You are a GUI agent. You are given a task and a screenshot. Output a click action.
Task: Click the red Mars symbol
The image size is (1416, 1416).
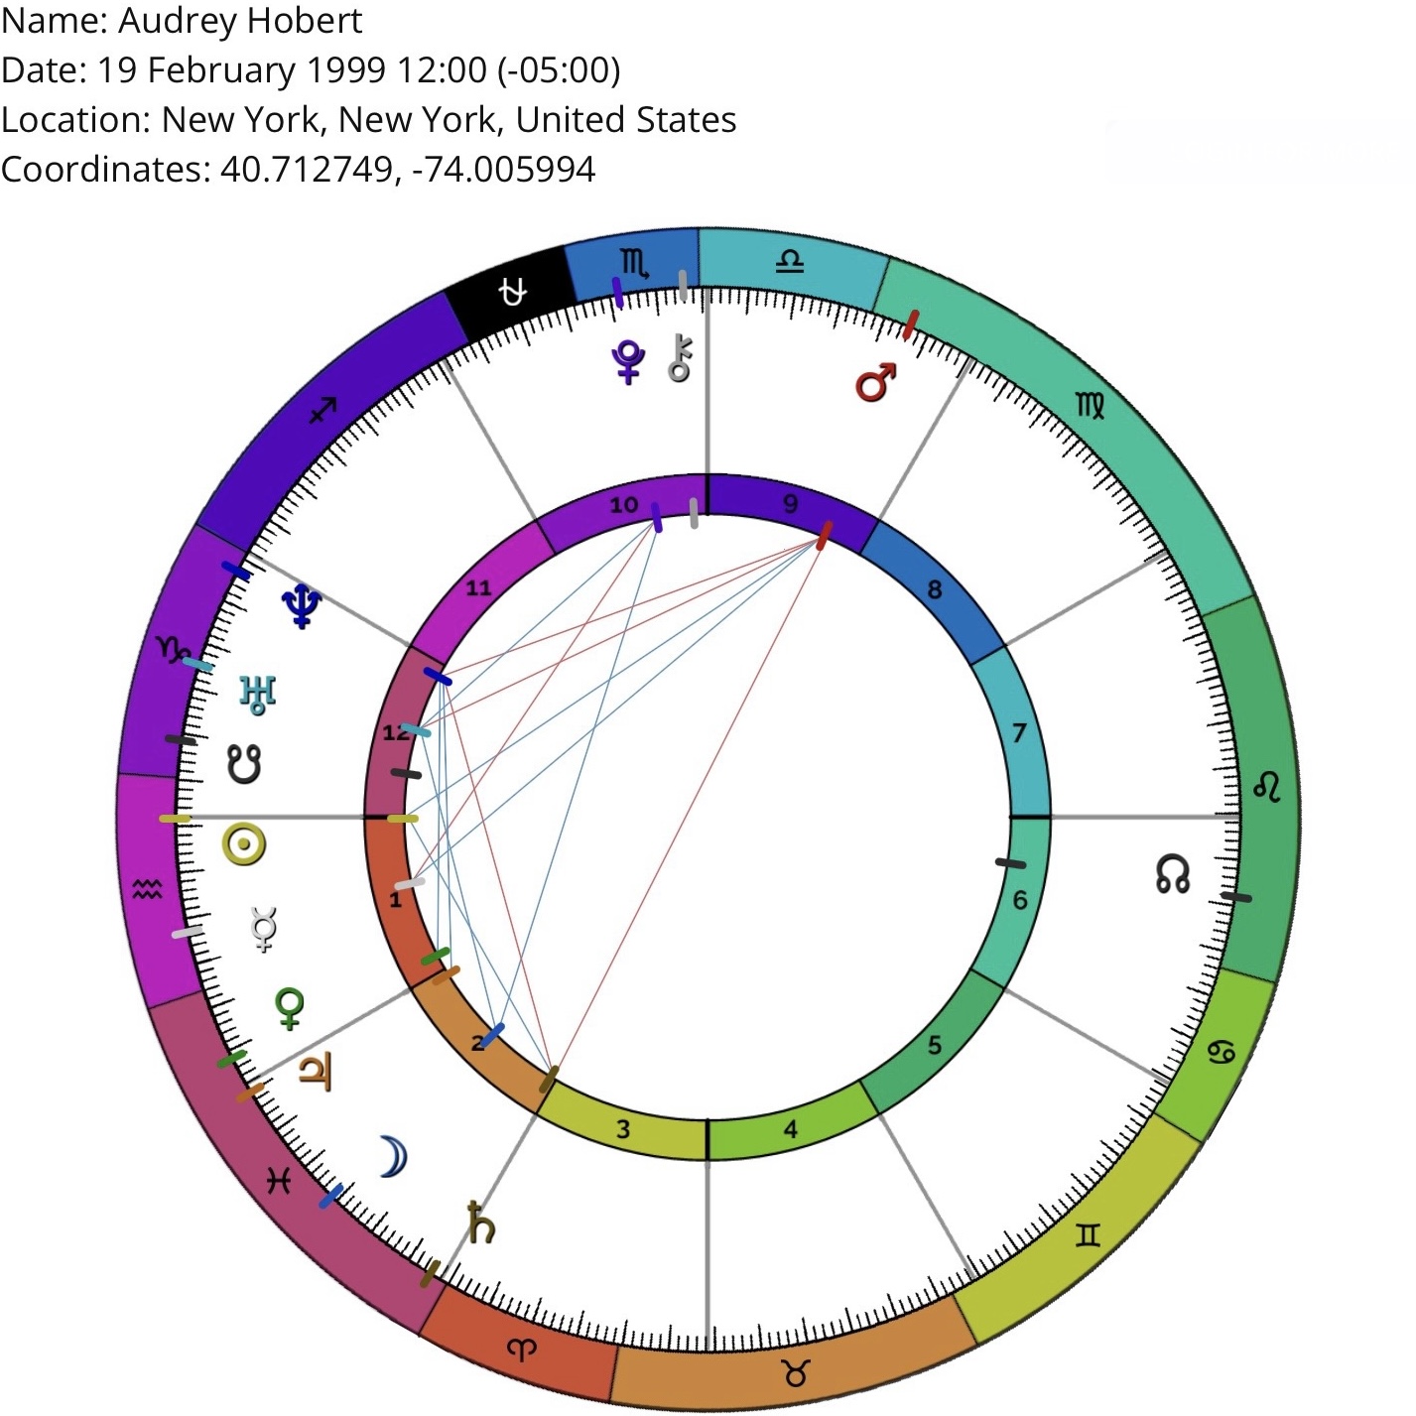875,382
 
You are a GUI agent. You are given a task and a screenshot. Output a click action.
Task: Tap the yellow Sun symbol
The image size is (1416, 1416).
244,845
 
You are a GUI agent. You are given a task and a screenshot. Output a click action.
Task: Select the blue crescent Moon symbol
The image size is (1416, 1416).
393,1157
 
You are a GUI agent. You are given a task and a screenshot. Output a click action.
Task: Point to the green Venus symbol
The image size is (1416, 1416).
290,1009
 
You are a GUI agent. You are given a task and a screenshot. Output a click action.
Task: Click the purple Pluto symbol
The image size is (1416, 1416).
628,362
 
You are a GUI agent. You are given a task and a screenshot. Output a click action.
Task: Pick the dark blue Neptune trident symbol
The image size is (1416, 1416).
302,604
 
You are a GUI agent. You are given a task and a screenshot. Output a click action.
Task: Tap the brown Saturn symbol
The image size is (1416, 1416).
480,1223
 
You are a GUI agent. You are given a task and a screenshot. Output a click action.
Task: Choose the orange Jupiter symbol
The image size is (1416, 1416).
316,1073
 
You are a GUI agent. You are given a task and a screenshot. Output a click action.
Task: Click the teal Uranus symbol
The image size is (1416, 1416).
257,694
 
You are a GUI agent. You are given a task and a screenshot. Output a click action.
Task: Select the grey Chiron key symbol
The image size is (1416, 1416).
681,358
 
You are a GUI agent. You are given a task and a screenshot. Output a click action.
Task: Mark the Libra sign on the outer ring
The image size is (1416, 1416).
790,262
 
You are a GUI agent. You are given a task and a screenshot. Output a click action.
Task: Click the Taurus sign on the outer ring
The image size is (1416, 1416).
795,1373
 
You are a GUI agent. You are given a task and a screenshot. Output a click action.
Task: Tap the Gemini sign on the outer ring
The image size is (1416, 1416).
1089,1235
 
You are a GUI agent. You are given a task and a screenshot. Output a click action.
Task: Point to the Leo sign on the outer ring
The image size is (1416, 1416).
1267,787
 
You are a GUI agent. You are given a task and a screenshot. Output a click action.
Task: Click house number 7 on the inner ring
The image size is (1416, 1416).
1019,733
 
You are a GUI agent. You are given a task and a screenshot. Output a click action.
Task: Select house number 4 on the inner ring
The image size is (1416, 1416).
790,1129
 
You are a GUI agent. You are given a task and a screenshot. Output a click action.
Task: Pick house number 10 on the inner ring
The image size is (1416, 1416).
623,505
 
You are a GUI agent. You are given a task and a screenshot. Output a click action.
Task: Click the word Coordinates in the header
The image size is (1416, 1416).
104,170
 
